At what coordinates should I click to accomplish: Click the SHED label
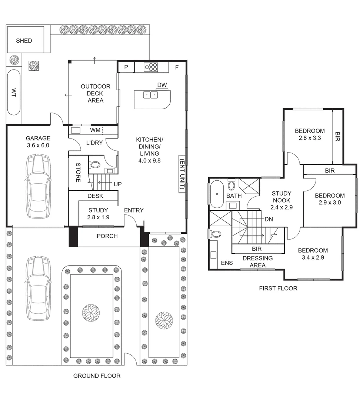(x=24, y=41)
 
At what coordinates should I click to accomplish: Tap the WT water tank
(x=14, y=92)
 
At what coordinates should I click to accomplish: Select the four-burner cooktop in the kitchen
(x=151, y=67)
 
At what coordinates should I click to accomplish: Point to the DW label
(x=162, y=85)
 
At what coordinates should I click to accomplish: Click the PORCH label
(x=107, y=236)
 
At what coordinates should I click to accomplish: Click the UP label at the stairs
(x=118, y=184)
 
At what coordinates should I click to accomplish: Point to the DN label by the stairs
(x=269, y=219)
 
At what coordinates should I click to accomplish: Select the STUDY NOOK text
(x=282, y=197)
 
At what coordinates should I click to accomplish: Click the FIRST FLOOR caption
(x=278, y=289)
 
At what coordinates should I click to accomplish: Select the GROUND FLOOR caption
(x=97, y=376)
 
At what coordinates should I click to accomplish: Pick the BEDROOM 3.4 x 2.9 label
(x=313, y=254)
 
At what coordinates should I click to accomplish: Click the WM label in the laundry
(x=95, y=130)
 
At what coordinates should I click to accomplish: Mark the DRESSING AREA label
(x=257, y=261)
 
